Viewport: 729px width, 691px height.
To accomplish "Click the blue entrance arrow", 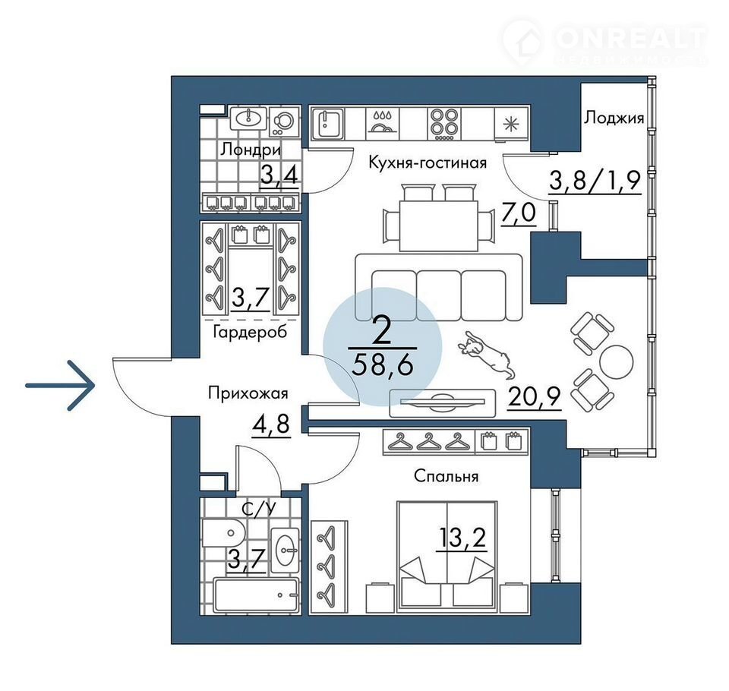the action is click(61, 385).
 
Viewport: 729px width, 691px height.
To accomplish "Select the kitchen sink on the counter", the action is click(329, 124).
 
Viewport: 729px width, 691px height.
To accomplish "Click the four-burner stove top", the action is click(444, 124).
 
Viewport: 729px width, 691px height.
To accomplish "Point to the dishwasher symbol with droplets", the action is click(383, 124).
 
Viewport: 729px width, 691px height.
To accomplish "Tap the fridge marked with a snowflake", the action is click(511, 124).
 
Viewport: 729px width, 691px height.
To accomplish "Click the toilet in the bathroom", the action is click(223, 533).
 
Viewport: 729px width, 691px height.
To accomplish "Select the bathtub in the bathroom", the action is click(256, 595).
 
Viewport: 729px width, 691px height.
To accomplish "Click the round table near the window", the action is click(616, 361).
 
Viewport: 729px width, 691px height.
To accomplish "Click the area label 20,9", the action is click(535, 396).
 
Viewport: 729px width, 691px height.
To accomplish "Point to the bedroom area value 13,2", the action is click(462, 538).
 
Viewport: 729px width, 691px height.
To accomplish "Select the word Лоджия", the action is click(614, 118).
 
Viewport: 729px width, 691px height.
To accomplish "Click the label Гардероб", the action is click(250, 332).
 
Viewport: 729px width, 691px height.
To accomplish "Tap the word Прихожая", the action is click(248, 393).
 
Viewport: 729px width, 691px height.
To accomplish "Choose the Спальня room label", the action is click(446, 475).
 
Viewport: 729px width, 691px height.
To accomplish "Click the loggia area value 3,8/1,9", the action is click(595, 181).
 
